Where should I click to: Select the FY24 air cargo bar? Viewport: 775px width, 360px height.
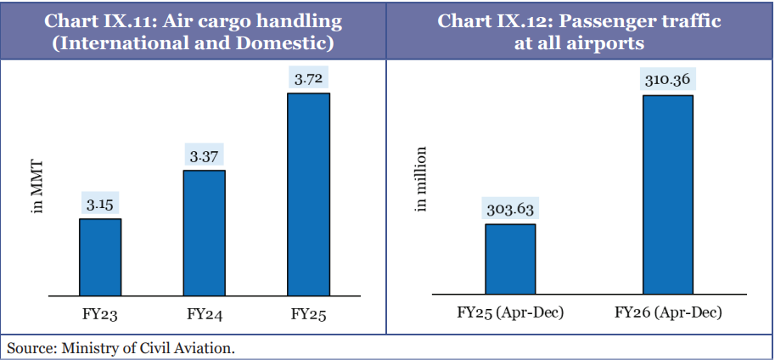[205, 232]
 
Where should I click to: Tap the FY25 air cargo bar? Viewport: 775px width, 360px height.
[308, 194]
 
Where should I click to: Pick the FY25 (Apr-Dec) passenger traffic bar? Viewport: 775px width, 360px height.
[510, 259]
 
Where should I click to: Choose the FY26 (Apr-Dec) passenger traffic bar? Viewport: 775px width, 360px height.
[668, 194]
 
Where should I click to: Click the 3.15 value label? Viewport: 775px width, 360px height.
[100, 205]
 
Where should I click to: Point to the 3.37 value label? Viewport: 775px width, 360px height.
[205, 156]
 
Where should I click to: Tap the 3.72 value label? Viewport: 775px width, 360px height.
[308, 79]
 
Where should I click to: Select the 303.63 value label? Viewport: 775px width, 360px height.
[510, 210]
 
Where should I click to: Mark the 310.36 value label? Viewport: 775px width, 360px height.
[668, 81]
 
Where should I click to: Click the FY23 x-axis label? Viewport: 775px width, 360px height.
[100, 314]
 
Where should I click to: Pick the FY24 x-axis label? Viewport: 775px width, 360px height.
[205, 314]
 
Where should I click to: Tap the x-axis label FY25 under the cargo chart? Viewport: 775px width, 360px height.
[308, 314]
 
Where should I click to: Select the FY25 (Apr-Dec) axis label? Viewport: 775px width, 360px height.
[510, 313]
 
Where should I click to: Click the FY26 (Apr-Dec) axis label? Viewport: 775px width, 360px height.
[668, 313]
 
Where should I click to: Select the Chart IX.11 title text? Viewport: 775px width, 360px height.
[193, 31]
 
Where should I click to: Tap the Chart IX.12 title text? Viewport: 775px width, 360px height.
[579, 31]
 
